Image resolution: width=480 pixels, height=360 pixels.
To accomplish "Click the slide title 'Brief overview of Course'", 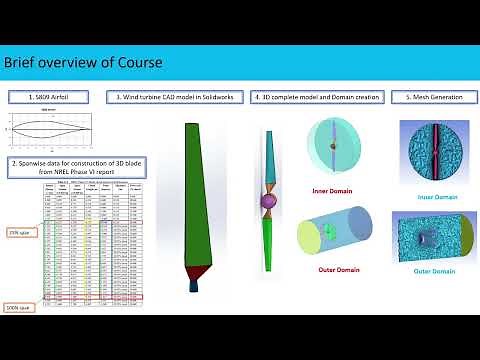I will pos(83,64).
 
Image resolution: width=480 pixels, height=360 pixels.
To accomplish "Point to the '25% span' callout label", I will pos(18,230).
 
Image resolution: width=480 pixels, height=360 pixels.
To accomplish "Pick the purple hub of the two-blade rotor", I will pos(268,203).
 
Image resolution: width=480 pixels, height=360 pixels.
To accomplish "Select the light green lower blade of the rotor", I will pos(269,250).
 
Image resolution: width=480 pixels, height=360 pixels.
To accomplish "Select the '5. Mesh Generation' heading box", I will pos(432,98).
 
